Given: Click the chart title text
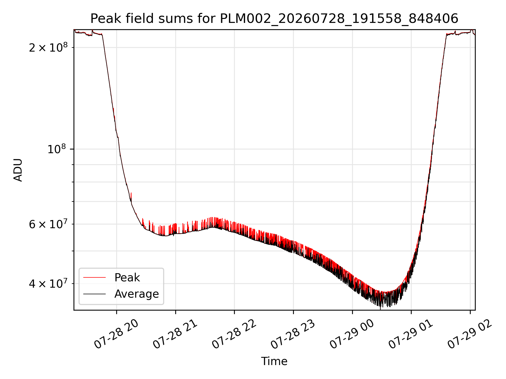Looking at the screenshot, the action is [x=274, y=19].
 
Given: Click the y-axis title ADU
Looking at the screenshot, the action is [x=18, y=170].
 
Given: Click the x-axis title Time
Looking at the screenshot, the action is [x=274, y=361].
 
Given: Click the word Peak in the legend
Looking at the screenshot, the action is [x=127, y=278].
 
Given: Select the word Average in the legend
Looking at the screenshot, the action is [x=137, y=294].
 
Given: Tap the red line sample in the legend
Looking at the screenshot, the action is [x=94, y=277].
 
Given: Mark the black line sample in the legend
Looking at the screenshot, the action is [x=94, y=294].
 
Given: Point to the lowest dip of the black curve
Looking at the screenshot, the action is [x=380, y=307].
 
